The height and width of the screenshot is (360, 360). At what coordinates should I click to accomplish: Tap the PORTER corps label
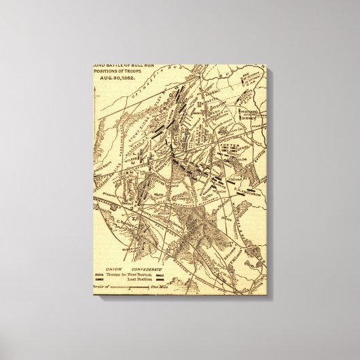coord(224,143)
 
